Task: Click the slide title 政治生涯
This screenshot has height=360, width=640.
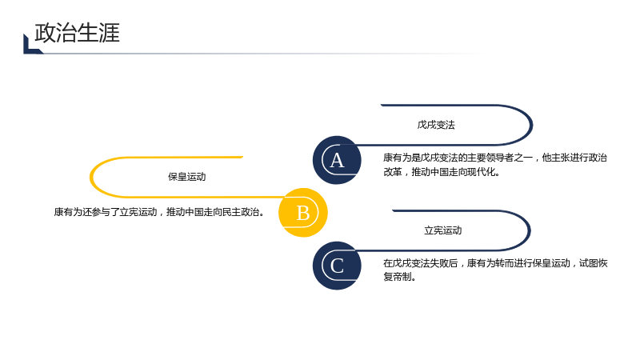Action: (x=77, y=33)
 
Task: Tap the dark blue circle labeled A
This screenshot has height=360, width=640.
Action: (x=337, y=160)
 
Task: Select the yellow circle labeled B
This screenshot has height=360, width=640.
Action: (x=303, y=213)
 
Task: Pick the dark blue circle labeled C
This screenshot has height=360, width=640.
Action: (x=337, y=266)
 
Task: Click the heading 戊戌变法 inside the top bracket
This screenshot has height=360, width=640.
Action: (x=436, y=125)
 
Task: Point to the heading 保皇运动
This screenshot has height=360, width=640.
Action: (x=187, y=177)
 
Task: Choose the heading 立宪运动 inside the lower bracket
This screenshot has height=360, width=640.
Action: (x=443, y=230)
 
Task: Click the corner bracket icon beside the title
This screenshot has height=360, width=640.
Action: (x=33, y=44)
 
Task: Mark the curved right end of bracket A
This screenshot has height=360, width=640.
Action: (x=531, y=125)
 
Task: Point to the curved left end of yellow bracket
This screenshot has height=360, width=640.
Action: (x=91, y=177)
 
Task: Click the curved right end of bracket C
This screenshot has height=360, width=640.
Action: (x=529, y=230)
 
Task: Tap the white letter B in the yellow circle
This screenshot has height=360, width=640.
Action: (x=303, y=213)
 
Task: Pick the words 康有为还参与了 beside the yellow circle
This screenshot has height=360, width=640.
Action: (x=86, y=212)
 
